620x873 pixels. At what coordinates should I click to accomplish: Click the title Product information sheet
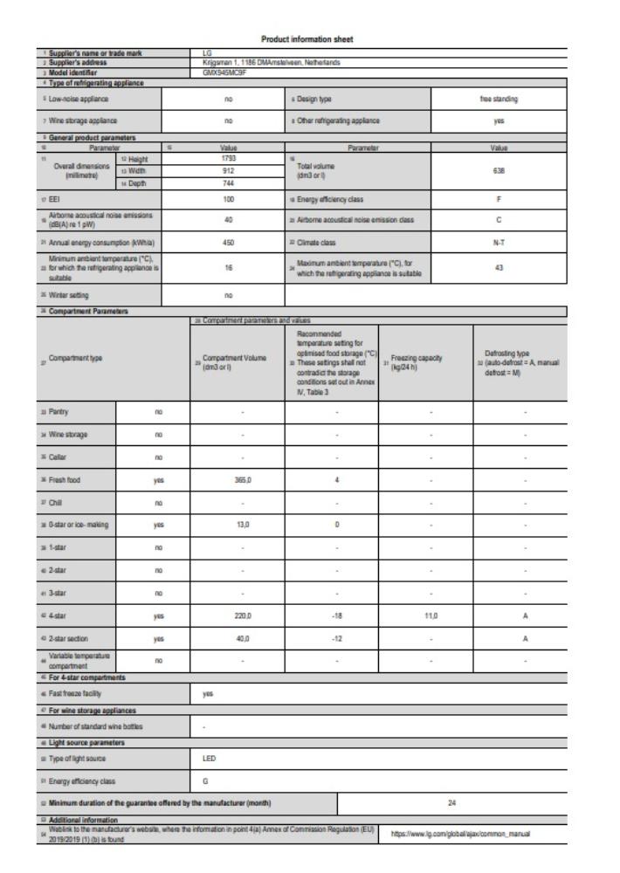click(x=309, y=38)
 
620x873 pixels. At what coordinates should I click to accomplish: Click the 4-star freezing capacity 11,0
click(x=423, y=615)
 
